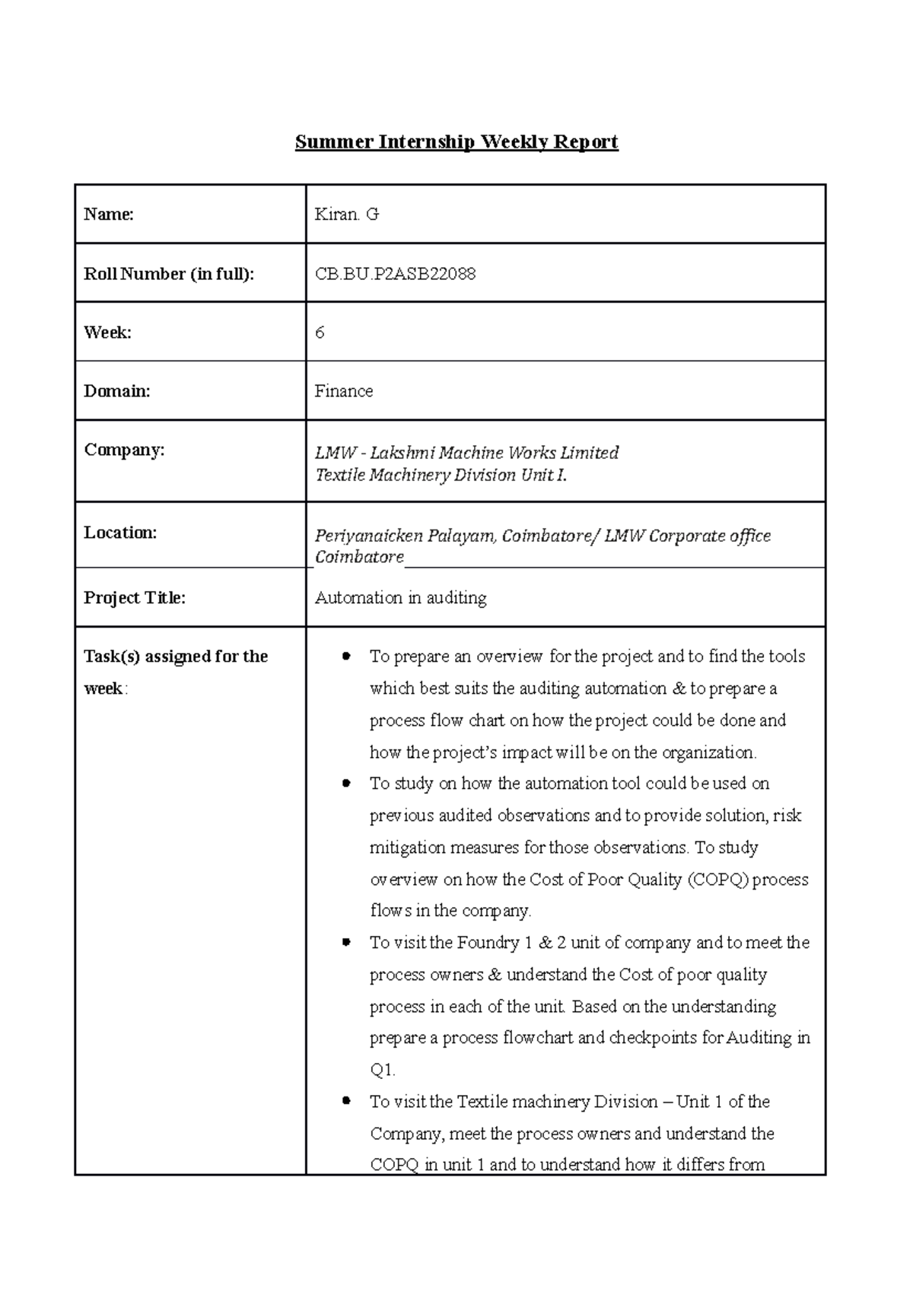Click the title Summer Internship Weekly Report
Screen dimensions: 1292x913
456,142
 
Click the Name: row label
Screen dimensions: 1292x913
109,215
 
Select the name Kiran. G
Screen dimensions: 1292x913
347,215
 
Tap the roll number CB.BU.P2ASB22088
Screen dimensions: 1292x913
395,274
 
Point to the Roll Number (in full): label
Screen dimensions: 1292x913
169,274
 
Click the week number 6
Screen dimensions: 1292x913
320,333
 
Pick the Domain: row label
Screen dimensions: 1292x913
117,391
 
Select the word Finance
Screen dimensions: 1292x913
344,391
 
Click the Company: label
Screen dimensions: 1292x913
124,450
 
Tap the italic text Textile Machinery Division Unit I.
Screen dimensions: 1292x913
441,476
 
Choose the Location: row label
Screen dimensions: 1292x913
120,533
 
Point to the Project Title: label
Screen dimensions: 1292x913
135,598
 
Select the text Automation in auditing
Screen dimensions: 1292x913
401,598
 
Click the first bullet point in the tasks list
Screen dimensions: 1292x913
347,656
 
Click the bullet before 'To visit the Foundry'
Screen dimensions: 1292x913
347,942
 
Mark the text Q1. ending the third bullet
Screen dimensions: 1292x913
382,1070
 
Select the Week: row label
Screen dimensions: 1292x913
107,333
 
